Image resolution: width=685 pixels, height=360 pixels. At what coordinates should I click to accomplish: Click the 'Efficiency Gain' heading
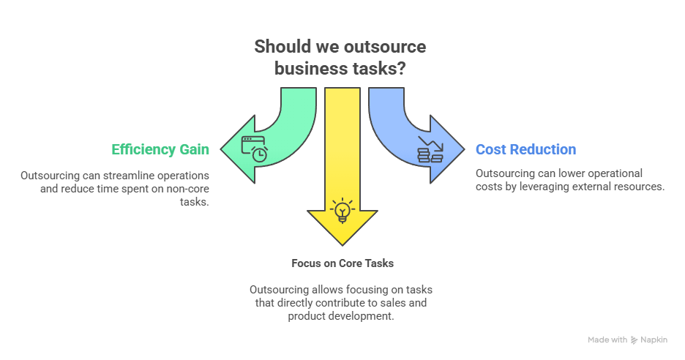(x=160, y=150)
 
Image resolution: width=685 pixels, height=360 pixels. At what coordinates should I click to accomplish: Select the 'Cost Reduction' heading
(x=525, y=150)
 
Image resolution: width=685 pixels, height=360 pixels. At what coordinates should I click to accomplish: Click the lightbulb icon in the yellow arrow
(x=342, y=211)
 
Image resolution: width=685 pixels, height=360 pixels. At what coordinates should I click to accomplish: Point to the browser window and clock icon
(x=255, y=149)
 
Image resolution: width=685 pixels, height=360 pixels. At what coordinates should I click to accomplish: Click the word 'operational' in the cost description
(x=613, y=173)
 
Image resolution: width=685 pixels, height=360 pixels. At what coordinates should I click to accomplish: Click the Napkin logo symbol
(x=634, y=340)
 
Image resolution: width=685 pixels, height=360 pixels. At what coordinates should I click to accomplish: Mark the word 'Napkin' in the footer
(x=654, y=340)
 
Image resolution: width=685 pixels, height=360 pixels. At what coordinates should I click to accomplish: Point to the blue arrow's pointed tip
(x=463, y=150)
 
